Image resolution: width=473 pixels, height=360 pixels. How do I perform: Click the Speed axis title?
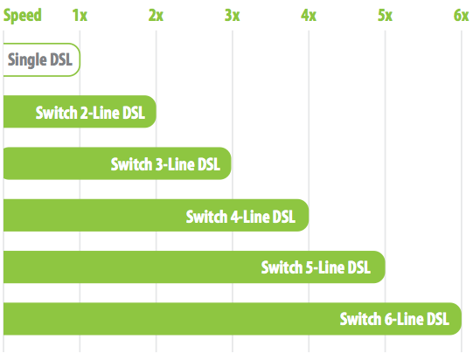coord(23,16)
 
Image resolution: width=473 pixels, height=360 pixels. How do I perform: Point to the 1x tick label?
coord(80,16)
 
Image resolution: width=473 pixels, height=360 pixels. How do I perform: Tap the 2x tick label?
coord(156,16)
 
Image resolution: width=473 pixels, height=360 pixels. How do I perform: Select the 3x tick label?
coord(233,16)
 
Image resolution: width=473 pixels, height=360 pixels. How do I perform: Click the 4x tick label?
coord(309,16)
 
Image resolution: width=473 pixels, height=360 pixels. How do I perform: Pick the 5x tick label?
coord(386,16)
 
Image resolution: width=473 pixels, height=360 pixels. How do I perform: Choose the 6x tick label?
coord(462,16)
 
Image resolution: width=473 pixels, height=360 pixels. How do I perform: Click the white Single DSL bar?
coord(42,59)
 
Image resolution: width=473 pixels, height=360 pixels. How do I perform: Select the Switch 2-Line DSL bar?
coord(80,112)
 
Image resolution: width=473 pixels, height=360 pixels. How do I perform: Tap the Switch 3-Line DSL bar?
coord(117,163)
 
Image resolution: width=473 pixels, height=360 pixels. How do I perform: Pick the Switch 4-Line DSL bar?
coord(156,215)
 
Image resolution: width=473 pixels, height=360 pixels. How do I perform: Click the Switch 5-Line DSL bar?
coord(194,267)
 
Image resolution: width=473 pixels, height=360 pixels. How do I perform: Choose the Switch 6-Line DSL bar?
coord(233,319)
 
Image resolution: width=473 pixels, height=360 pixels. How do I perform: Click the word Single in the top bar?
coord(27,60)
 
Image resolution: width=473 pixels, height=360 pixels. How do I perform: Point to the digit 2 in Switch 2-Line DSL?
coord(84,113)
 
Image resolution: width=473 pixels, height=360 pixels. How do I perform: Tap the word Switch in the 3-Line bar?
coord(131,164)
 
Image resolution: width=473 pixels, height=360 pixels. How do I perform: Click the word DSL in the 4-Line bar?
coord(283,217)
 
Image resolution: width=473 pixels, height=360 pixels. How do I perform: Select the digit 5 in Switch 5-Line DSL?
coord(310,267)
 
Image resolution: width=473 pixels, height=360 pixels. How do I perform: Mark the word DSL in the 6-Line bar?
coord(438,319)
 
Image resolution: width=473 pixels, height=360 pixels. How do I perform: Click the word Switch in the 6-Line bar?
coord(361,319)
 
